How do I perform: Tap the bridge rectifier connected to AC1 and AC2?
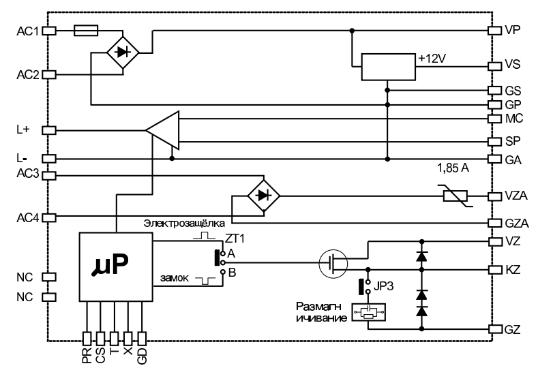click(x=123, y=52)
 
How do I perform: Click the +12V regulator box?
click(x=387, y=67)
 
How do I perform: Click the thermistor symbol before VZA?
click(x=454, y=196)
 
